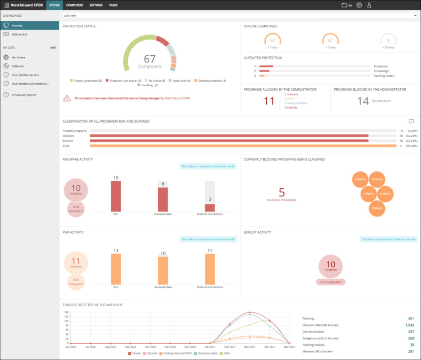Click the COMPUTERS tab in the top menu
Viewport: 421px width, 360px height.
tap(75, 5)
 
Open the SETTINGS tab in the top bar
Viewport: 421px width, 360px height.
tap(96, 5)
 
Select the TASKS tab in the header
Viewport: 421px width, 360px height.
tap(113, 5)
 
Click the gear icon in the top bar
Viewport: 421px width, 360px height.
tap(359, 5)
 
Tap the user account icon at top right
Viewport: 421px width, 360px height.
tap(369, 5)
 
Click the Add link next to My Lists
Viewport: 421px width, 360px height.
tap(53, 47)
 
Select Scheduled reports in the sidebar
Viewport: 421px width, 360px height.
tap(24, 95)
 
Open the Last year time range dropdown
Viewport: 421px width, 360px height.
tap(240, 16)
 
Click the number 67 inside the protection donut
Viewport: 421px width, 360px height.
tap(150, 59)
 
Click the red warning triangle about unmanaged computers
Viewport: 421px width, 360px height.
tap(67, 98)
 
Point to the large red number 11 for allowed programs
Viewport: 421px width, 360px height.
tap(269, 101)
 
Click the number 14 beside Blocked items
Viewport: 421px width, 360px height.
tap(363, 101)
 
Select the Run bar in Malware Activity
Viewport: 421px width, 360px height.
tap(116, 196)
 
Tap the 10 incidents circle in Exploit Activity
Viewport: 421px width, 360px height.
tap(331, 265)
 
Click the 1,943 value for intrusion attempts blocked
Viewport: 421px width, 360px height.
tap(409, 325)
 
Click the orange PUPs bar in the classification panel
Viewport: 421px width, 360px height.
tap(242, 146)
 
